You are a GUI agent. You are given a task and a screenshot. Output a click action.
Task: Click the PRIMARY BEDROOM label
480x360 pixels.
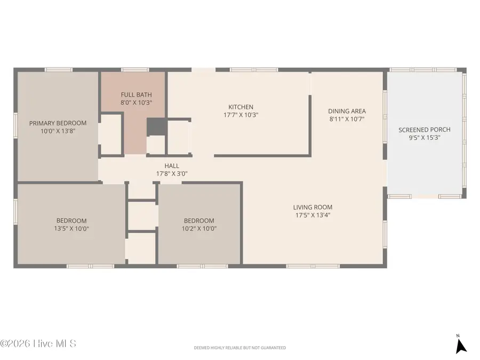(x=58, y=123)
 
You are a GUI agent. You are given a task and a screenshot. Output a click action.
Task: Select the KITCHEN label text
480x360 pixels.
(x=241, y=107)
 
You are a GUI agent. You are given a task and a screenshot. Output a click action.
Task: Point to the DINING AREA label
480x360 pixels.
(x=347, y=111)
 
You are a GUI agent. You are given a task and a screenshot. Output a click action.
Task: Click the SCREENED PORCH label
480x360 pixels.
(x=425, y=130)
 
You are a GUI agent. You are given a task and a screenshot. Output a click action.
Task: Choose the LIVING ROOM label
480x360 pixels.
(x=313, y=207)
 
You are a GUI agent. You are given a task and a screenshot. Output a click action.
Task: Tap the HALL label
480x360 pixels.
(x=171, y=166)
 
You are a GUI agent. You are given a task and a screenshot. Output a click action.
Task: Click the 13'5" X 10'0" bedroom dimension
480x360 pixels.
(x=71, y=228)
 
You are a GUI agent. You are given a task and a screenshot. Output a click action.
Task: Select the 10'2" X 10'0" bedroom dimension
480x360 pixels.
(x=199, y=228)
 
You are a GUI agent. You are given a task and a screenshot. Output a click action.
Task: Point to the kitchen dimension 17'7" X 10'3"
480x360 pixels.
(x=241, y=115)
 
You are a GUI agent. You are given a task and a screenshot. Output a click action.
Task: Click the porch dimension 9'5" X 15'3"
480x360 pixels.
(x=425, y=137)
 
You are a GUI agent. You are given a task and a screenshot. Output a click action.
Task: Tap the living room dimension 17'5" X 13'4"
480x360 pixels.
(x=313, y=215)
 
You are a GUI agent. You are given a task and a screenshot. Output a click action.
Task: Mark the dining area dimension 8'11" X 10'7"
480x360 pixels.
(x=347, y=119)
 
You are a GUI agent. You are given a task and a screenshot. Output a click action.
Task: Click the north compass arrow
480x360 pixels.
(x=461, y=345)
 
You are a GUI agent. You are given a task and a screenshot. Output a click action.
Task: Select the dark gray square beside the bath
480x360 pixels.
(x=156, y=127)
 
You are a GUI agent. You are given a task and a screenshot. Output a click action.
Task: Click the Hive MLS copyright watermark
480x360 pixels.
(x=38, y=343)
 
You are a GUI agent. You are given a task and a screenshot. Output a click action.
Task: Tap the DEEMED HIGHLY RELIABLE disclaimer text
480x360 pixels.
(x=239, y=348)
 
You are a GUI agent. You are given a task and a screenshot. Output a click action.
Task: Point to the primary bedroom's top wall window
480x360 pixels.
(x=58, y=69)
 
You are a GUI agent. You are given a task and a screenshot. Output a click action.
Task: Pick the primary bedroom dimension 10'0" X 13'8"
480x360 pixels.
(x=58, y=130)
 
